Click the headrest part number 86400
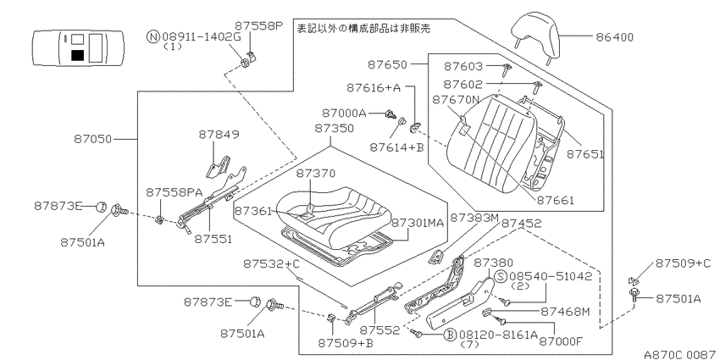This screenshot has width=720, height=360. tap(614, 37)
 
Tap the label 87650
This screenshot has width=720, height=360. tap(387, 65)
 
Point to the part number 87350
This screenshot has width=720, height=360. tap(335, 129)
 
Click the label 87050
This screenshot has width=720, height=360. tap(93, 139)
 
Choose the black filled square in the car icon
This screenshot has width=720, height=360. tap(78, 55)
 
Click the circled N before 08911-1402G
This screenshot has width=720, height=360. tap(153, 36)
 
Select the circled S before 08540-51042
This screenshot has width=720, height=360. tap(501, 276)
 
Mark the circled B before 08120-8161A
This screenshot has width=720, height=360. tap(451, 335)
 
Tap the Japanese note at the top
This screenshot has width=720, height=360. tap(363, 29)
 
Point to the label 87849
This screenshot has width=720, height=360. tap(219, 135)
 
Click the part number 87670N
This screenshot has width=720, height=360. tap(456, 100)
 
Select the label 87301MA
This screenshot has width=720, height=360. tap(418, 223)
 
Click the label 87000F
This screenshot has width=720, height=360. tap(560, 341)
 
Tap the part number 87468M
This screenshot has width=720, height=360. tap(565, 312)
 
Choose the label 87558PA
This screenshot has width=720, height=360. tap(168, 192)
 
